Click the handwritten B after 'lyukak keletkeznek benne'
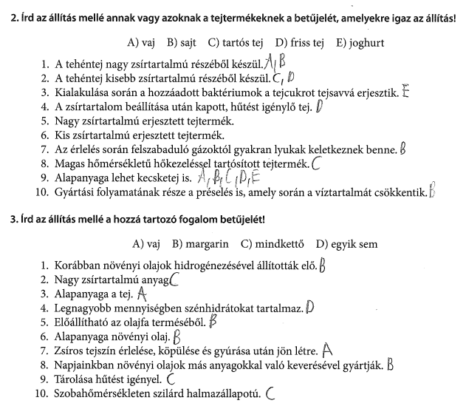402,149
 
